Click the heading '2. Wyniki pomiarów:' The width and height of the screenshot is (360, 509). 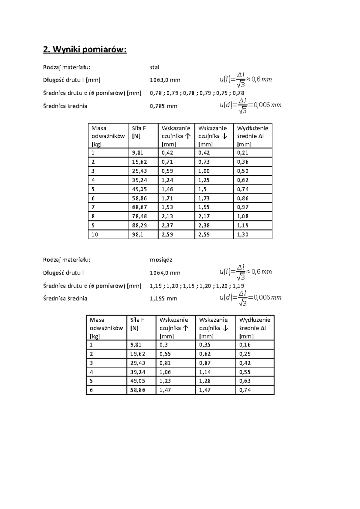pos(85,49)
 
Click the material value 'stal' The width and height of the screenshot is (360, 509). pos(154,67)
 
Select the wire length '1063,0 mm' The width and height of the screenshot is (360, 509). pos(165,80)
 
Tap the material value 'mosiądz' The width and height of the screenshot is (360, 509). pos(161,260)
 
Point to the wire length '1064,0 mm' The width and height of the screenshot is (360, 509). pos(165,273)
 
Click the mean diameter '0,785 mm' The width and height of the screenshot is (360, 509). pos(163,106)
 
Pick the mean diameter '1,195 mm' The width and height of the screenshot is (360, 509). pos(163,299)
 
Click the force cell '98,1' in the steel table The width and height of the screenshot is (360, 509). pos(138,235)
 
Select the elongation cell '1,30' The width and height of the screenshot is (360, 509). pos(243,235)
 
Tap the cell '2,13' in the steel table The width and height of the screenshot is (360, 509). pos(167,216)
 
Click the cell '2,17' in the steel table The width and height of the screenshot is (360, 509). pos(204,216)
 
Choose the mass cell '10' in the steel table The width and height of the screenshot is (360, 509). pos(95,235)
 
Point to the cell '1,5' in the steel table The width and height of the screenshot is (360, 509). pos(202,189)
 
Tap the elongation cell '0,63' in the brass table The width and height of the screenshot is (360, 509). pos(245,381)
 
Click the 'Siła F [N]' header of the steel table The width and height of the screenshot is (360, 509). pos(139,132)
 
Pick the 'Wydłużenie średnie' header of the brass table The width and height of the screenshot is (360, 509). pos(255,328)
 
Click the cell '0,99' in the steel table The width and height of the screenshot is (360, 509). pos(167,171)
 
